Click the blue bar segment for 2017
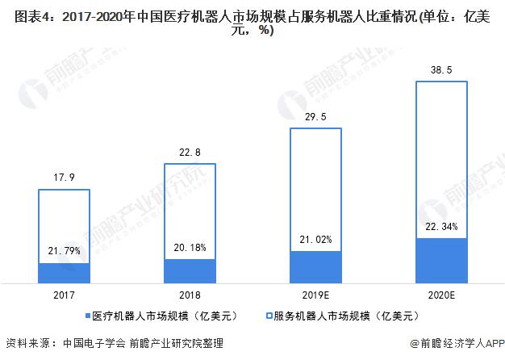pyautogui.click(x=65, y=273)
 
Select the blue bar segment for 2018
pyautogui.click(x=190, y=271)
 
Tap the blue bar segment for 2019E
pyautogui.click(x=315, y=267)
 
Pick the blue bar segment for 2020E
pyautogui.click(x=441, y=261)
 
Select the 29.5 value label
pyautogui.click(x=315, y=117)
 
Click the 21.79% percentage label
pyautogui.click(x=65, y=251)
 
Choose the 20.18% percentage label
pyautogui.click(x=190, y=247)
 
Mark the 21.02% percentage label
pyautogui.click(x=315, y=239)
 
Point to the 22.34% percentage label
pyautogui.click(x=441, y=226)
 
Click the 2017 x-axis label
pyautogui.click(x=65, y=295)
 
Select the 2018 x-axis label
pyautogui.click(x=190, y=295)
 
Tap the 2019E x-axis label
pyautogui.click(x=315, y=295)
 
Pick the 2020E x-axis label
pyautogui.click(x=441, y=295)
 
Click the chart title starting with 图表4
pyautogui.click(x=252, y=22)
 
